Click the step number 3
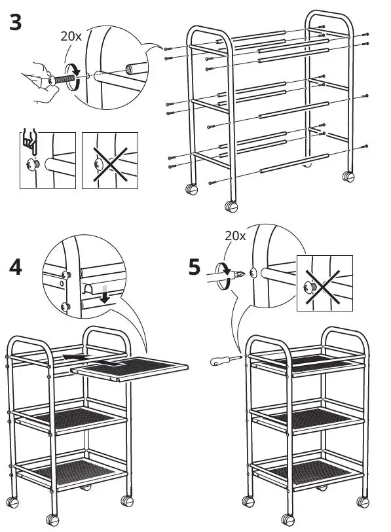(x=16, y=23)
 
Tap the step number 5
(x=195, y=268)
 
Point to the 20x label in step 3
(x=71, y=37)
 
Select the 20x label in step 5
(x=234, y=236)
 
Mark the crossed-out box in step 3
(x=109, y=160)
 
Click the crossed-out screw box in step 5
(x=324, y=281)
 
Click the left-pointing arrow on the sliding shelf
(x=72, y=357)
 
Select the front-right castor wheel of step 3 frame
(x=232, y=207)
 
